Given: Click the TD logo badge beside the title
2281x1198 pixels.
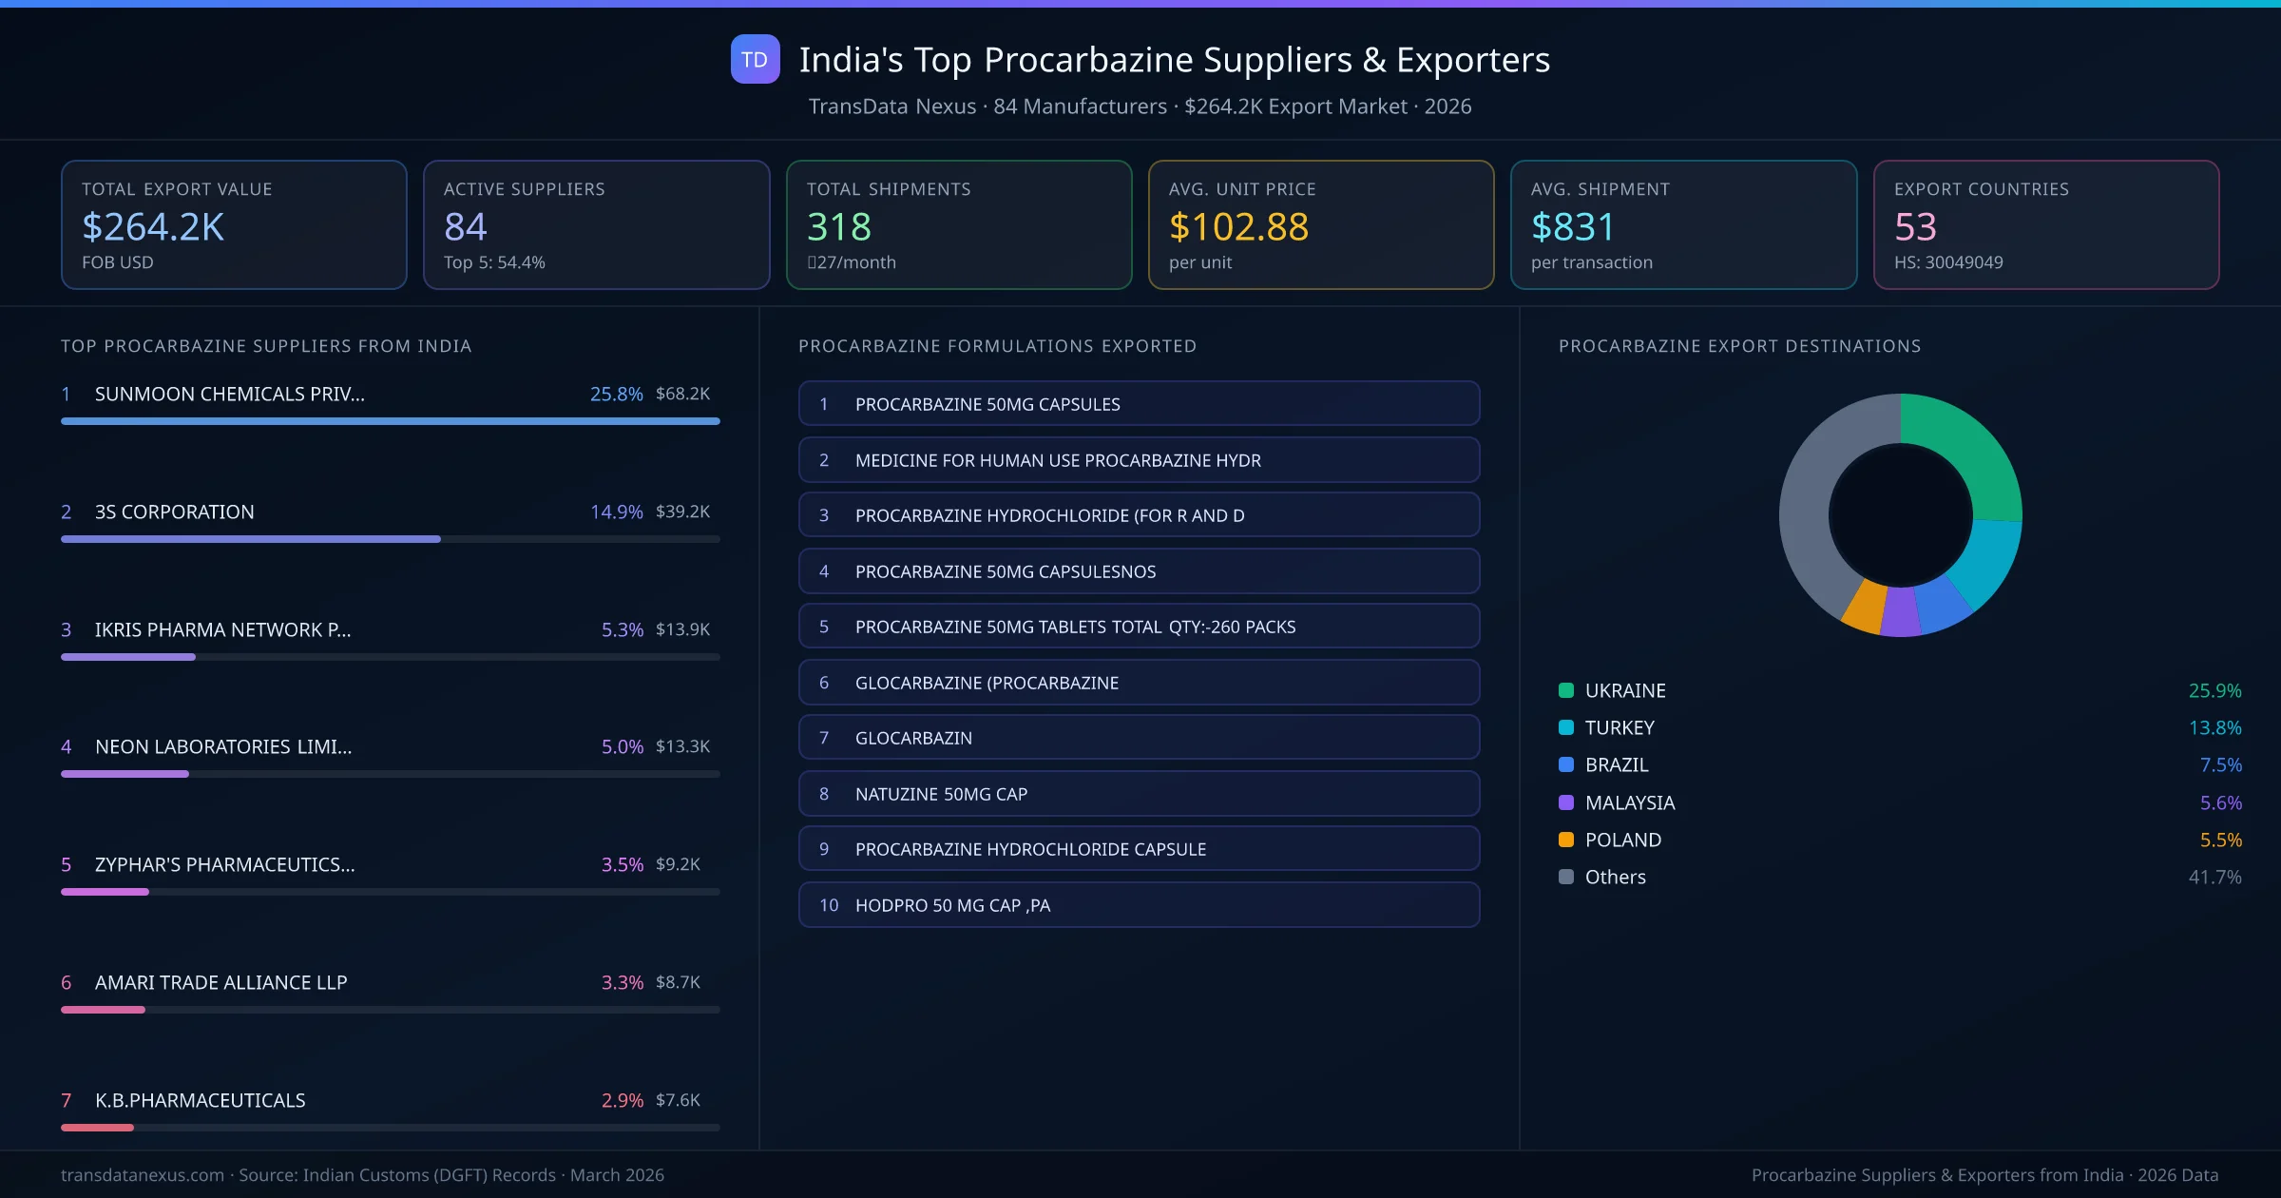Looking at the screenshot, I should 755,59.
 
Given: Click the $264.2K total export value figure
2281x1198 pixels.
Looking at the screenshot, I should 153,226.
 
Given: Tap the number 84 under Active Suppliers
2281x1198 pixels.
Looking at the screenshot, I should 465,226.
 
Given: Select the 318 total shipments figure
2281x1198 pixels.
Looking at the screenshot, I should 838,226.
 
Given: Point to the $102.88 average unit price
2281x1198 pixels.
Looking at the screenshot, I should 1237,226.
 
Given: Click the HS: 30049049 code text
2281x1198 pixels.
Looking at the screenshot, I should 1947,262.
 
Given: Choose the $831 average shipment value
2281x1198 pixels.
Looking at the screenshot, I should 1572,226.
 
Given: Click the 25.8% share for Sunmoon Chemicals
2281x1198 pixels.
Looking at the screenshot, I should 616,394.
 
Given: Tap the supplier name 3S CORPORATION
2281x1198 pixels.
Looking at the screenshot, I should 175,512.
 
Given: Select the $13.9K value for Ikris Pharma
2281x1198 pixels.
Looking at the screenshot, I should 682,629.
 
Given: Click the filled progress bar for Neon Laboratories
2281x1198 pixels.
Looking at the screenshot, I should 125,774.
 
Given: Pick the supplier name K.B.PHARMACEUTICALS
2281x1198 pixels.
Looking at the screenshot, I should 200,1100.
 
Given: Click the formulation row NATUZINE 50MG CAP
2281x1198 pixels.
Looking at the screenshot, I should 1139,794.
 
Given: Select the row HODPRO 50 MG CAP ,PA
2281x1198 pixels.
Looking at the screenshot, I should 1139,905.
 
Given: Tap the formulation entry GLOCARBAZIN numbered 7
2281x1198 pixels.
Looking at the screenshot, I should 1139,738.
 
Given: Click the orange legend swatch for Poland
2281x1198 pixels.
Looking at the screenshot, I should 1566,840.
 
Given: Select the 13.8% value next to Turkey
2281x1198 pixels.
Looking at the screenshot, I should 2214,727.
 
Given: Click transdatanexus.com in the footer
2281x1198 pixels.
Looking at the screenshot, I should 143,1175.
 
